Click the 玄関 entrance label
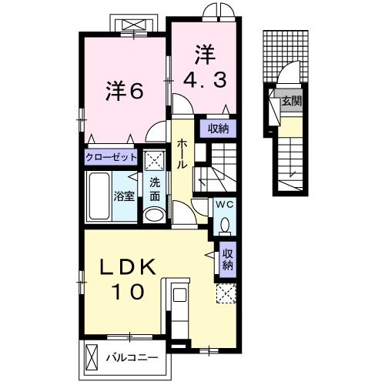coord(291,102)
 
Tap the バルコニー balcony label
coord(132,357)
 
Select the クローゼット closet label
coord(111,157)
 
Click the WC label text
coord(225,205)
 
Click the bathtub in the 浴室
coord(99,196)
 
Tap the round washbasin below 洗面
coord(154,214)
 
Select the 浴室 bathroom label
coord(124,196)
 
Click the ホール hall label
coord(182,153)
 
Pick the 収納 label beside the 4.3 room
coord(218,128)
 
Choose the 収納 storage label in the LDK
coord(228,259)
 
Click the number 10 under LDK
coord(128,292)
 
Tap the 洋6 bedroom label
coord(124,92)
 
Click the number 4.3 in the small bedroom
coord(205,79)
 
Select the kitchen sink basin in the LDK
coord(179,295)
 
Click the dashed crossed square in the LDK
coord(226,293)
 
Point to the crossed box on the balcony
coord(92,357)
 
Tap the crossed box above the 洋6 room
coord(134,25)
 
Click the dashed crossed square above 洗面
coord(155,161)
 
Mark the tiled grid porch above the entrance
coord(286,56)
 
